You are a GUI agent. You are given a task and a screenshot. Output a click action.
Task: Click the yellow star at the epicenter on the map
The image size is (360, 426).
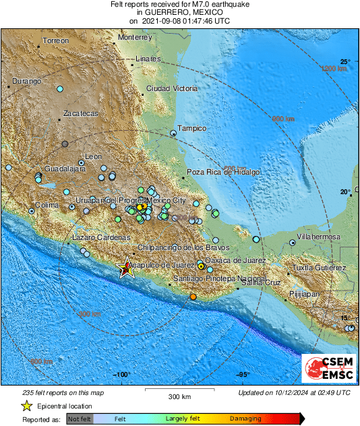coord(125,268)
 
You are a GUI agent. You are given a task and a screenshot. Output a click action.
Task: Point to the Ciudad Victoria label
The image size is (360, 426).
coord(171,89)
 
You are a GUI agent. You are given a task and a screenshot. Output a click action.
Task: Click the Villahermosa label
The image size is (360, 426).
coord(319,237)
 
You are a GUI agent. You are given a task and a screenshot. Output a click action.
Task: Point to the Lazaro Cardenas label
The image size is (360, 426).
coord(100,238)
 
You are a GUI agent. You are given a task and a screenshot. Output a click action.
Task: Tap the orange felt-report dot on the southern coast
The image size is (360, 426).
coord(193,297)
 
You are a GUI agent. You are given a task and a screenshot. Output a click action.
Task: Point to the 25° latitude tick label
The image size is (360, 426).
coord(345,61)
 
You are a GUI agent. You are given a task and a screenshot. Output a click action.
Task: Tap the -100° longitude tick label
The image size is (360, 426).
coord(121,375)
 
